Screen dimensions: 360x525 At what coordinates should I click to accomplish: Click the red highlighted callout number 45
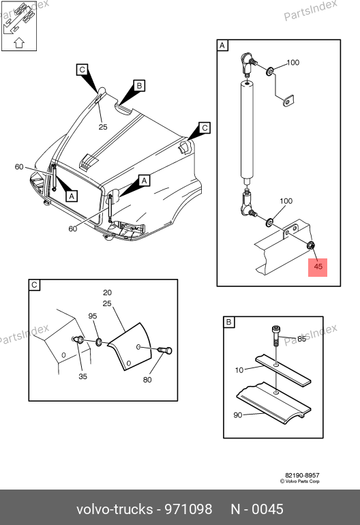pos(318,267)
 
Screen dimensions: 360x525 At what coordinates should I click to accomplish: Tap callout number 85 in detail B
pos(302,339)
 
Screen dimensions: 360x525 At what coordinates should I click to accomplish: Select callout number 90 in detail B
pos(238,415)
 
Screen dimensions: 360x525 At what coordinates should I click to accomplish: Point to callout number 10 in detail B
pos(239,370)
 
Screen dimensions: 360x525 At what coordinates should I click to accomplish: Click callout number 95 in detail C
pos(93,316)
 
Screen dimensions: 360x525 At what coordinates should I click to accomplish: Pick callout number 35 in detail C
pos(82,376)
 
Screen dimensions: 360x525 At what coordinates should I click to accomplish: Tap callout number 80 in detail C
pos(147,380)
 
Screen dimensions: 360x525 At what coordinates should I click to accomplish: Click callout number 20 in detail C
pos(107,292)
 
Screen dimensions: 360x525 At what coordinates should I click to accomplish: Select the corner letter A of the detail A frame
pos(222,45)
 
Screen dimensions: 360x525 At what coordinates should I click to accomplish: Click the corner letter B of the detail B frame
pos(229,322)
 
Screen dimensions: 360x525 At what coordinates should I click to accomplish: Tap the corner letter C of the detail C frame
pos(34,285)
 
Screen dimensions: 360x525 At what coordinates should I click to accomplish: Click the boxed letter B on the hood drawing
pos(139,85)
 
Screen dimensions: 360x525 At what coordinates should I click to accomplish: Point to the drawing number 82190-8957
pos(302,475)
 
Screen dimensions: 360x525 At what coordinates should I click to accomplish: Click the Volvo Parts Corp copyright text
pos(300,481)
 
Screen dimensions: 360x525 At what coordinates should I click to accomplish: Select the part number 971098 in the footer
pos(188,509)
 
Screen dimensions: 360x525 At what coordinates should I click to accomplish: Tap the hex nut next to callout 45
pos(311,245)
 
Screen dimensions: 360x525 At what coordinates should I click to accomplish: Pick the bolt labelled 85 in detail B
pos(275,336)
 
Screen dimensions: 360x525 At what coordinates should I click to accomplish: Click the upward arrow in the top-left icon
pos(19,43)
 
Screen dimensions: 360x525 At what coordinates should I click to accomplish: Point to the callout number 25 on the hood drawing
pos(103,127)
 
